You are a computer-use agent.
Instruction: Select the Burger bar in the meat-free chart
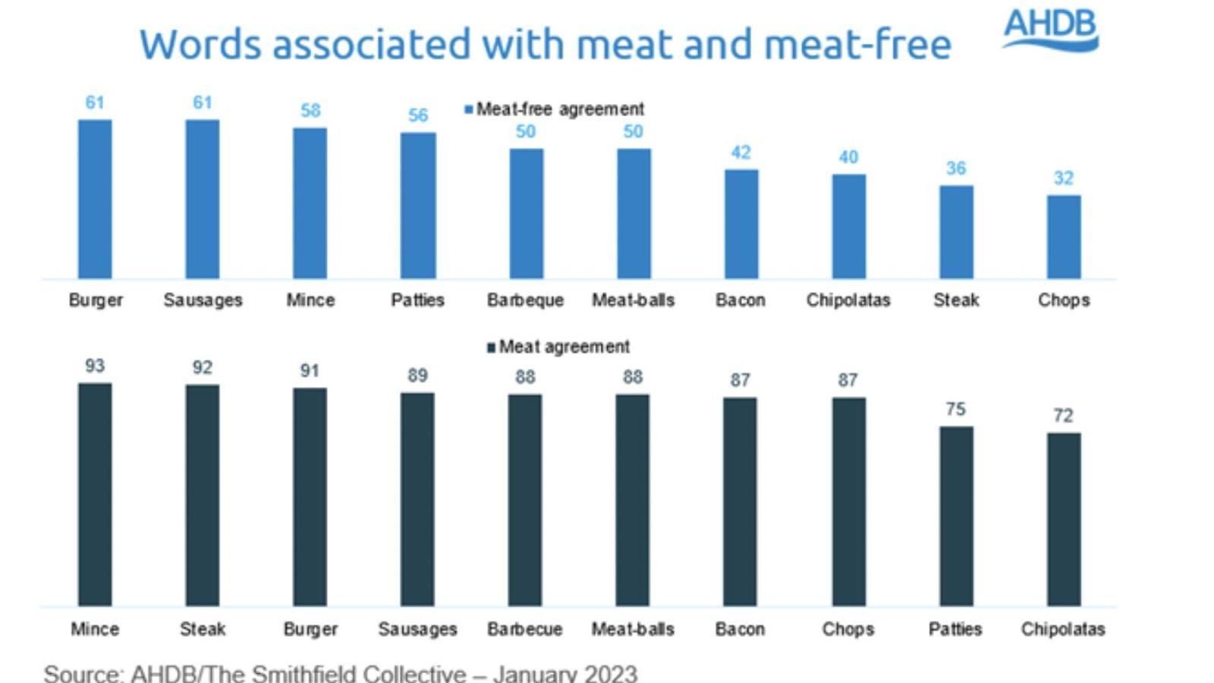95,199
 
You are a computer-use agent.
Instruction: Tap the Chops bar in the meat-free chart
1064,237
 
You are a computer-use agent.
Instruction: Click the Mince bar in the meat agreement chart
95,494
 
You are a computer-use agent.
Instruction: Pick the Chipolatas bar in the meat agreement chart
1064,519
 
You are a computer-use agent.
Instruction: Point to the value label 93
95,366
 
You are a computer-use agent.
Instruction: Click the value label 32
1064,178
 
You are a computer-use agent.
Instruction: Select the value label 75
956,409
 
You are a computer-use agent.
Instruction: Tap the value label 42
741,153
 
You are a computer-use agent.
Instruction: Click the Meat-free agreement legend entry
555,109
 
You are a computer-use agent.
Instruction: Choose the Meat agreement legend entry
559,347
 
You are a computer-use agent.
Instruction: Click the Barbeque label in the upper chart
525,301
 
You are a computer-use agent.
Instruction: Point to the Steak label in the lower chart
203,629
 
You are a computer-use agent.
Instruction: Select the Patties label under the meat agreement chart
955,629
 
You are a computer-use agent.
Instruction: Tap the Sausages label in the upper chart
203,301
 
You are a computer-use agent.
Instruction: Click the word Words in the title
200,44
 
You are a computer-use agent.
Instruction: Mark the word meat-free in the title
857,44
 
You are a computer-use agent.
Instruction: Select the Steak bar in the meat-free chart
956,232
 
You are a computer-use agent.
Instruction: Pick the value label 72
1064,416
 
